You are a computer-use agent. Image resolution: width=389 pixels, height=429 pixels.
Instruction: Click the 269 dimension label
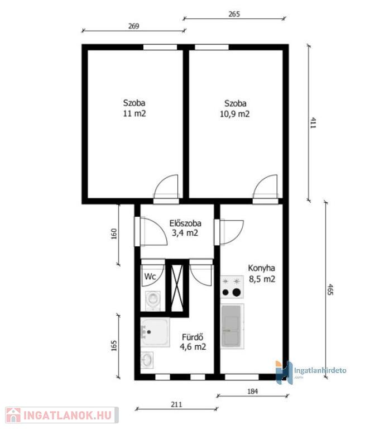tap(134, 26)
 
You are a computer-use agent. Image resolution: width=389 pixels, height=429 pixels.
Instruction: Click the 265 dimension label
tap(234, 14)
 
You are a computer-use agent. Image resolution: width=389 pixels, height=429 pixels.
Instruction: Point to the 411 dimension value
tap(313, 123)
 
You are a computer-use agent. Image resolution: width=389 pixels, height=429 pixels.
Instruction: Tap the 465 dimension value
tap(330, 289)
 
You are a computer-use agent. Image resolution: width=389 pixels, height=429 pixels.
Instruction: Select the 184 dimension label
tap(252, 392)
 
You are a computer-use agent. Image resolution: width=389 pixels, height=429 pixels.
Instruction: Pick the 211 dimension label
tap(176, 404)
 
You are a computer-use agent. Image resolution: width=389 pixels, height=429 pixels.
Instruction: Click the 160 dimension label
tap(114, 234)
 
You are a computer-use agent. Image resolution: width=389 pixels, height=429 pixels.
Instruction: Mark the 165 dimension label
tap(114, 346)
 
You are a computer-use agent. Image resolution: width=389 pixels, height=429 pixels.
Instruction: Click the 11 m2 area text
tap(134, 113)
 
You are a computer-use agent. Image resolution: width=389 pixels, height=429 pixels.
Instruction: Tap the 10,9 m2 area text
tap(235, 114)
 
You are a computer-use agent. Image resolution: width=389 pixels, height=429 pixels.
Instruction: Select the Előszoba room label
tap(185, 223)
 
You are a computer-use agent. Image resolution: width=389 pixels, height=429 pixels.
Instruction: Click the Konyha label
tap(261, 268)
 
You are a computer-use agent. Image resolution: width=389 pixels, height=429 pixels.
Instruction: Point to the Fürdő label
tap(193, 337)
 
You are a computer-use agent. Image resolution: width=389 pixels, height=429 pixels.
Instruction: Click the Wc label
tap(150, 277)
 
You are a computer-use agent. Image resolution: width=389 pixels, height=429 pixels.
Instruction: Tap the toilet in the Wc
tap(152, 300)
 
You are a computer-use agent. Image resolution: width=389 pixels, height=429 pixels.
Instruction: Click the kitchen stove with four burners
tap(232, 287)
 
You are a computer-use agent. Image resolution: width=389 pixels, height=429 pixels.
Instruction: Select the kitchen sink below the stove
tap(232, 326)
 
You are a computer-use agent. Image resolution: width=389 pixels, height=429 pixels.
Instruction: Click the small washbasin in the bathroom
tap(147, 360)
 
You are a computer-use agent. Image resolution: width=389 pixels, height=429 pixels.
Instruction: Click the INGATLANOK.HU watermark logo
tap(62, 416)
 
